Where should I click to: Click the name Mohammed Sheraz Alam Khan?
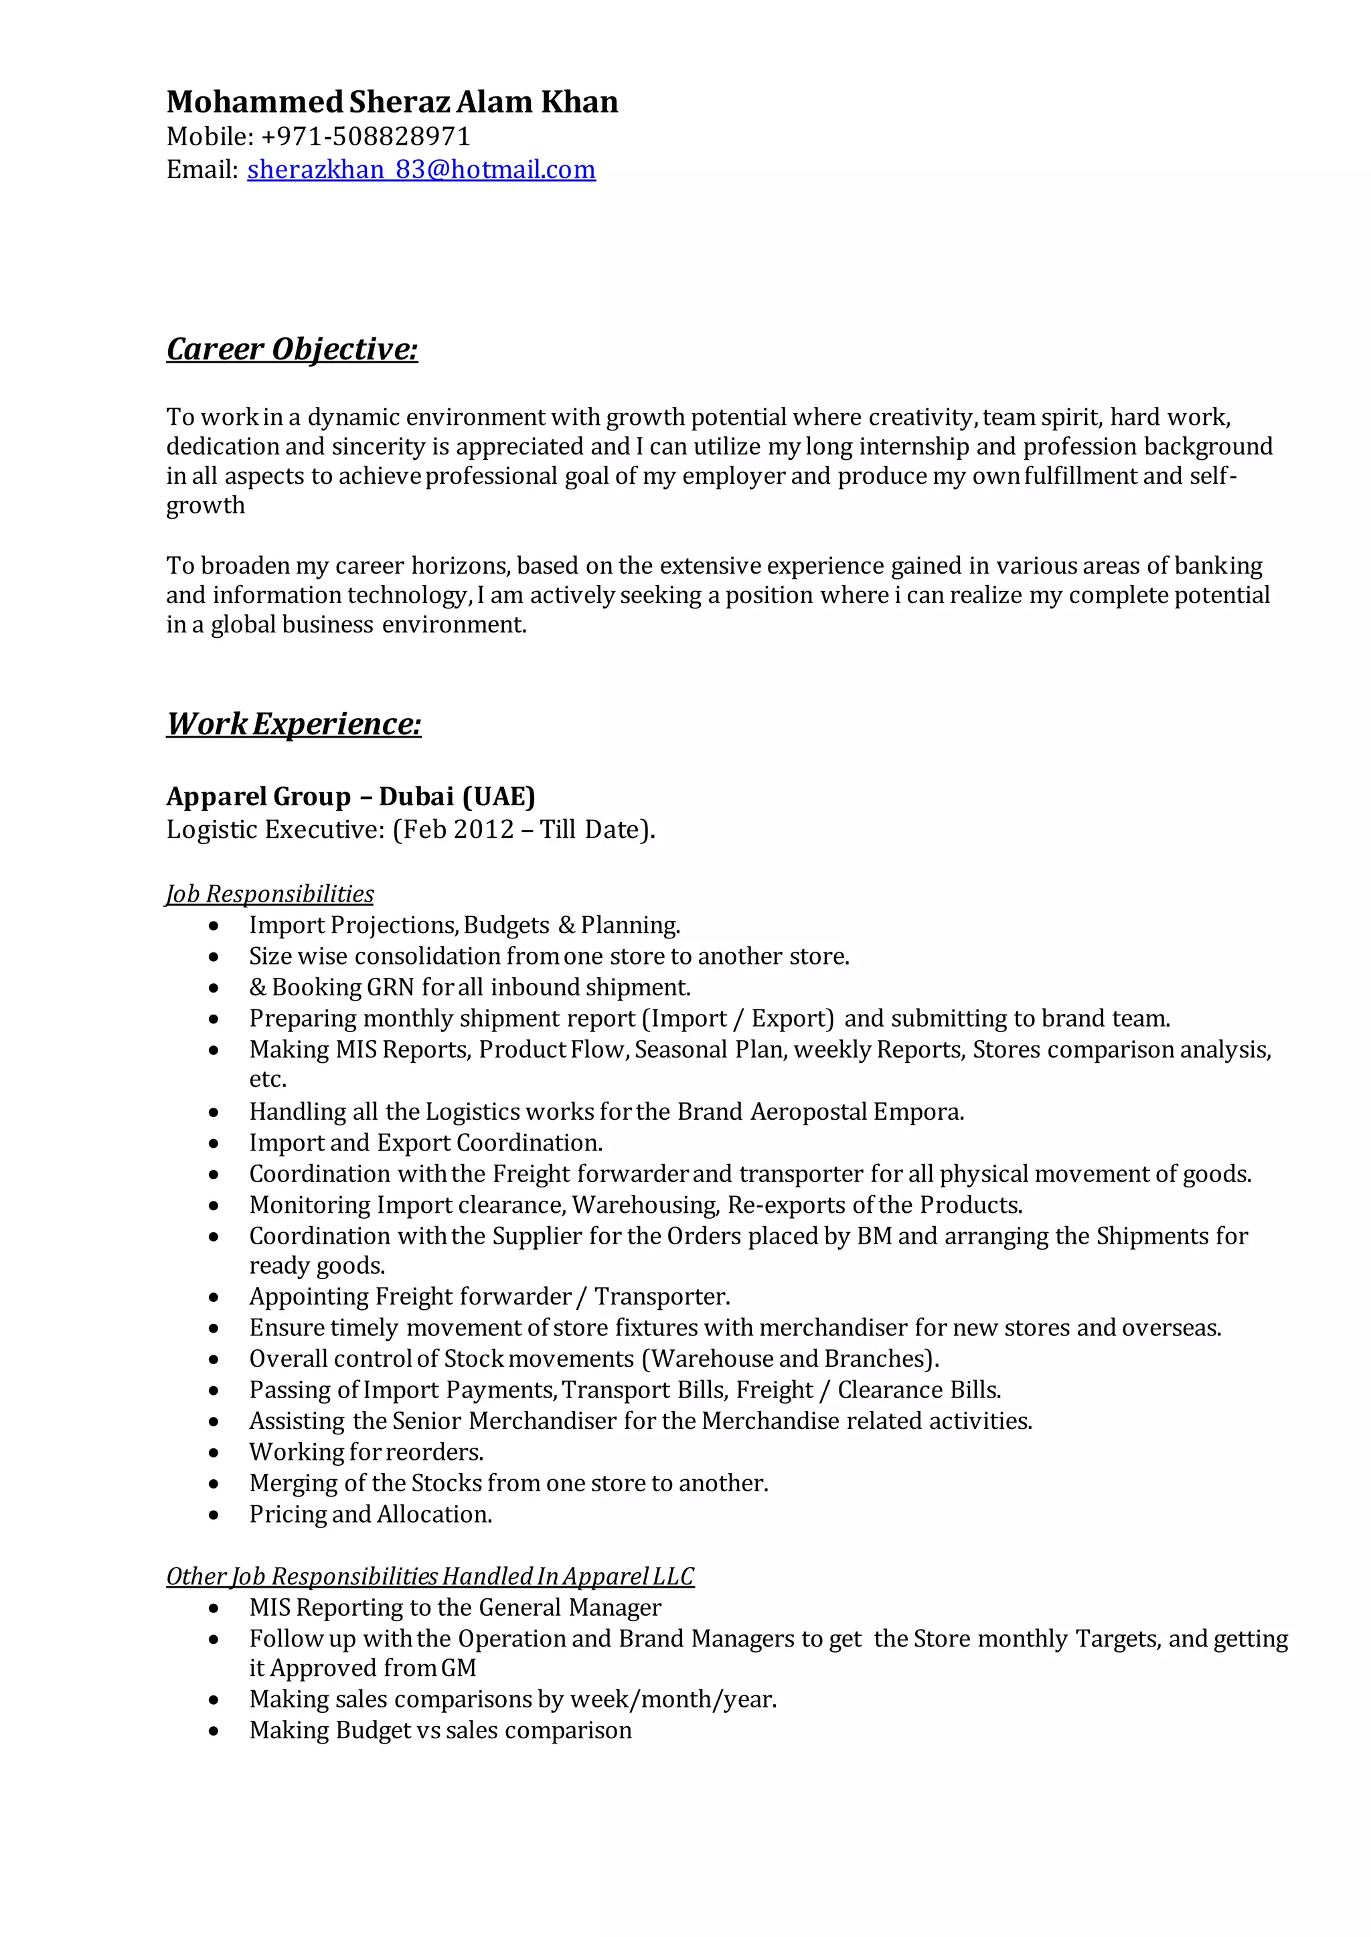pos(392,102)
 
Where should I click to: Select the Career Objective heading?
pos(292,349)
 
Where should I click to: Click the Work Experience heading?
pos(294,724)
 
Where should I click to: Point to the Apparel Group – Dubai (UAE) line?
pos(350,796)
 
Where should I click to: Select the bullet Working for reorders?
pos(366,1452)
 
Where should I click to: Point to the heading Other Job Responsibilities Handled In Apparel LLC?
pos(430,1577)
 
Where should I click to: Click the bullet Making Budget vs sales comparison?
pos(440,1730)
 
